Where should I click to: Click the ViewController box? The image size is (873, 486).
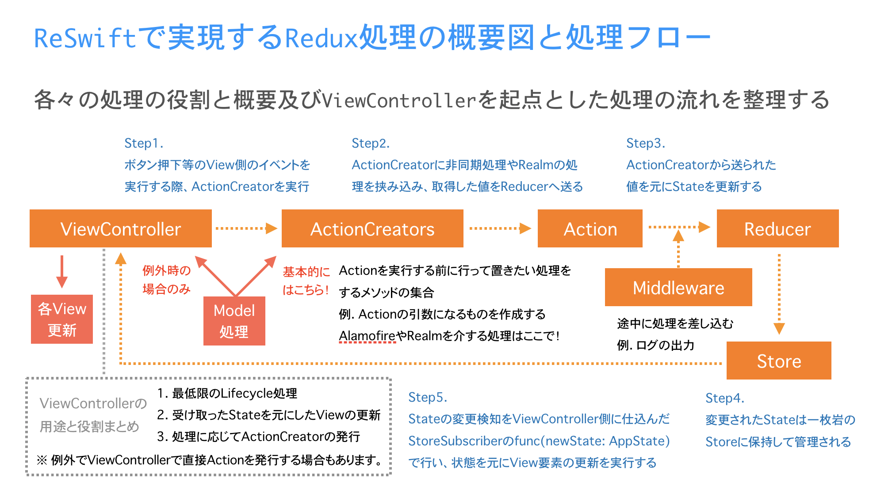[120, 229]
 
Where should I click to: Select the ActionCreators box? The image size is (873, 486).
[372, 229]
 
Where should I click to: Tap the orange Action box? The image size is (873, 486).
[590, 229]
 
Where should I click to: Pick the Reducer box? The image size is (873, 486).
[777, 229]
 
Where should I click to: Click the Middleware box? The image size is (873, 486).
[678, 288]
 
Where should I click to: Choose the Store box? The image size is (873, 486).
[779, 361]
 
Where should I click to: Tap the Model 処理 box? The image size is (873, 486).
[234, 321]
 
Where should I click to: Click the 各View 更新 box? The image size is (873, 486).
[62, 319]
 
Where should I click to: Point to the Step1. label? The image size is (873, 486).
[144, 144]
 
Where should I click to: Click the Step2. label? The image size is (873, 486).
[371, 144]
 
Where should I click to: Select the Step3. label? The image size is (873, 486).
[646, 144]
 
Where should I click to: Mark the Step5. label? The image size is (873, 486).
[428, 397]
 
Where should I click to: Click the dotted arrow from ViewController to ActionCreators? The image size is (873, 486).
[246, 228]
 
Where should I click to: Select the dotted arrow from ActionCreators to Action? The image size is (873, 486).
[500, 228]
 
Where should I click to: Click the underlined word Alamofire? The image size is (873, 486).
[367, 336]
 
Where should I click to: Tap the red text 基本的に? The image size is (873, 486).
[306, 272]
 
